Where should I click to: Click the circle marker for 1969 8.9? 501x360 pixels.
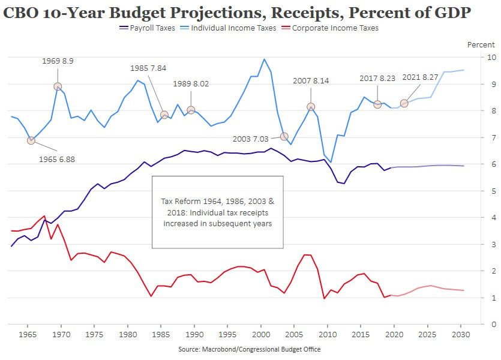click(x=58, y=86)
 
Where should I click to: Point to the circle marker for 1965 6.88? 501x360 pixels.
click(x=31, y=140)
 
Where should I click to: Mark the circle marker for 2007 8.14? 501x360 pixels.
click(x=311, y=107)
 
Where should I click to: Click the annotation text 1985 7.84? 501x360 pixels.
click(x=148, y=68)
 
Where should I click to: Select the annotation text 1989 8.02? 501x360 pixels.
click(x=191, y=84)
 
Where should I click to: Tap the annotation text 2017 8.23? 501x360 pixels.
click(x=377, y=78)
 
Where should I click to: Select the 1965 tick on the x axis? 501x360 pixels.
click(x=28, y=334)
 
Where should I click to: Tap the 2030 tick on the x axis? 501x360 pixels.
click(x=460, y=334)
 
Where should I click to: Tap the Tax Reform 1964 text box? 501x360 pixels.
click(x=217, y=212)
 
